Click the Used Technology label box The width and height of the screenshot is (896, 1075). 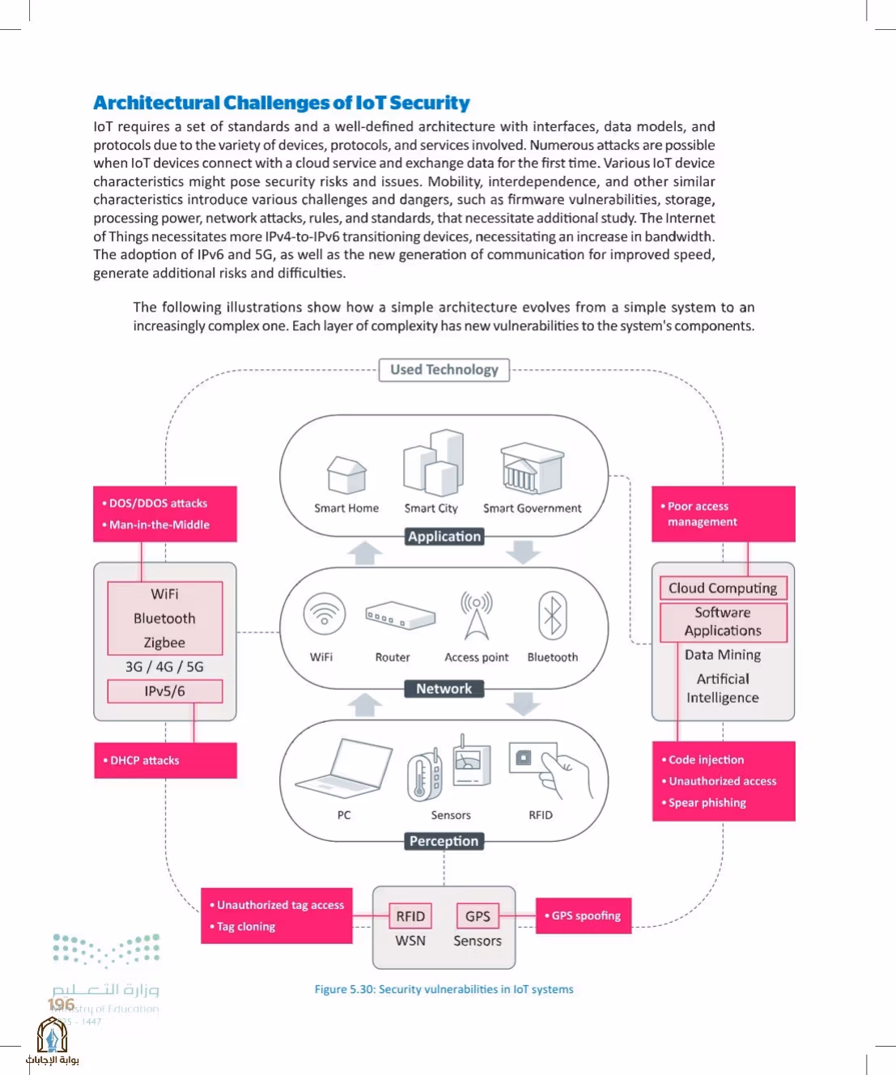pyautogui.click(x=444, y=370)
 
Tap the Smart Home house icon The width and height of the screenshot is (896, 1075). pyautogui.click(x=346, y=474)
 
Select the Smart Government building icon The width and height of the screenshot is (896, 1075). pyautogui.click(x=532, y=468)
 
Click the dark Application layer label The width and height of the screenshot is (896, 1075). pyautogui.click(x=444, y=537)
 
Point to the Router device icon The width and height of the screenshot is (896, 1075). pyautogui.click(x=401, y=615)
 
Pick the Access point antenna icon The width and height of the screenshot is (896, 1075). pyautogui.click(x=476, y=615)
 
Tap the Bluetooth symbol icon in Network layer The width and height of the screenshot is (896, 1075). pyautogui.click(x=553, y=615)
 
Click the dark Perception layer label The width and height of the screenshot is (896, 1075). pyautogui.click(x=444, y=841)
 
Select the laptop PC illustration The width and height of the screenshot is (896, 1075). pyautogui.click(x=344, y=769)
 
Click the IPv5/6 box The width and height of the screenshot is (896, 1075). pyautogui.click(x=165, y=691)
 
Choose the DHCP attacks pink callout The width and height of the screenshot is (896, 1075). pyautogui.click(x=165, y=760)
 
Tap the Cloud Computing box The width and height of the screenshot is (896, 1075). pyautogui.click(x=723, y=588)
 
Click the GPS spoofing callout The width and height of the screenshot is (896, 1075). pyautogui.click(x=584, y=916)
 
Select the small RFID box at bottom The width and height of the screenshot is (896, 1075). pyautogui.click(x=410, y=916)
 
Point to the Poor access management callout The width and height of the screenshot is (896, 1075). pyautogui.click(x=723, y=514)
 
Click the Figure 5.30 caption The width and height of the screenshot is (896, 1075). pyautogui.click(x=444, y=989)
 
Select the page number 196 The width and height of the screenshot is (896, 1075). pyautogui.click(x=61, y=1005)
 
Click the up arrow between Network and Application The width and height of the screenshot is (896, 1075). pyautogui.click(x=364, y=553)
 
